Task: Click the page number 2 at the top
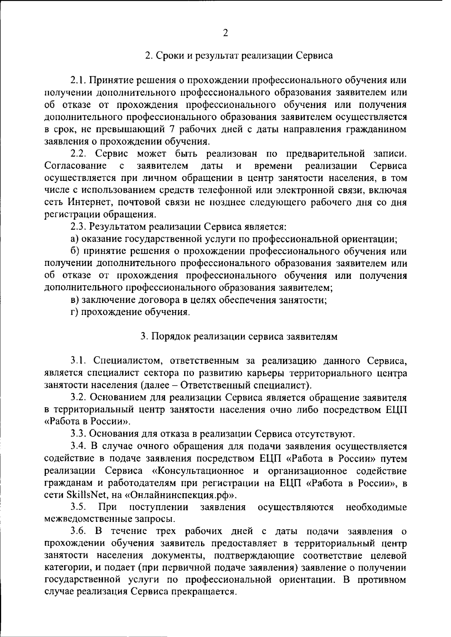(225, 33)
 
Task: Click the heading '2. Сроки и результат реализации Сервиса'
(239, 56)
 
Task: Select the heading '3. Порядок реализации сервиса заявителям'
(239, 337)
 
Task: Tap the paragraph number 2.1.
(78, 80)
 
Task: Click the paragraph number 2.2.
(79, 154)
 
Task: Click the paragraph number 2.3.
(79, 227)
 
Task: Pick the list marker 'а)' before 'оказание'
(75, 239)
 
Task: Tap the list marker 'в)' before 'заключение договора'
(75, 300)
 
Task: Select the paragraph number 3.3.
(79, 435)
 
